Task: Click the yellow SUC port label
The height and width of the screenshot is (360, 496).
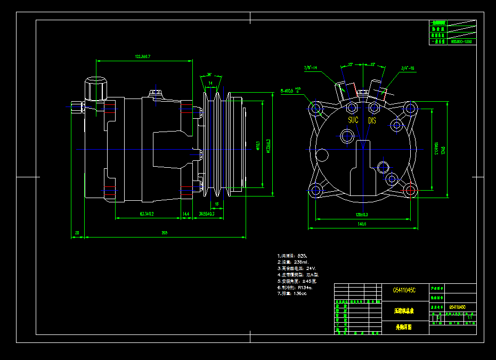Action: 353,121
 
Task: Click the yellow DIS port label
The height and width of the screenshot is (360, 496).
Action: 372,121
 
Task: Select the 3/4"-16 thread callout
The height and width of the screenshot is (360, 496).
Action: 408,68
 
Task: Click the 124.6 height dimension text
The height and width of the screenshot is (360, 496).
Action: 443,146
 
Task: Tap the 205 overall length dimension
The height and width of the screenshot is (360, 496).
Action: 165,233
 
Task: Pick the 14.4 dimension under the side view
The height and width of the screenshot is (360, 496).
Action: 186,214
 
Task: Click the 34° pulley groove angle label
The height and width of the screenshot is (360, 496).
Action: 209,75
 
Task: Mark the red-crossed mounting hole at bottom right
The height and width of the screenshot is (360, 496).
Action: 410,190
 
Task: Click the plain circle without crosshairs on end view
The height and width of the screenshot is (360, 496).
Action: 322,155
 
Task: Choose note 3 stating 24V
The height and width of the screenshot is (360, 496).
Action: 297,268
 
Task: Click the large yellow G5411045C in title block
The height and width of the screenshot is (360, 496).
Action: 404,290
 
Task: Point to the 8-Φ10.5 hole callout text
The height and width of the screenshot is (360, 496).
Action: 291,91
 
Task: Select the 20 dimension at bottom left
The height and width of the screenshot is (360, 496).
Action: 77,233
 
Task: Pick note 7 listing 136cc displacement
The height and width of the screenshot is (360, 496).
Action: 292,294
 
